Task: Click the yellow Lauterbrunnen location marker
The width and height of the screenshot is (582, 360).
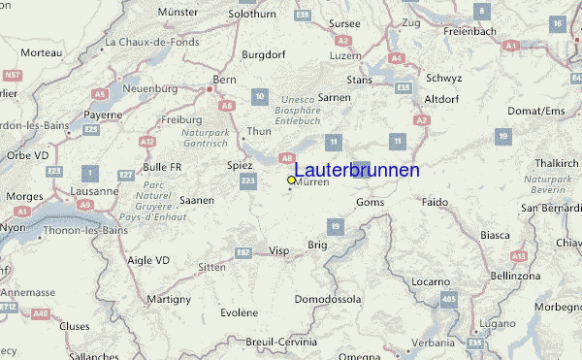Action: [291, 180]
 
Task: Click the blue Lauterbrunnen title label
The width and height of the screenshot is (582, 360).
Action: [357, 170]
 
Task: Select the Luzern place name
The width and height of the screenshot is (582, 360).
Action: [346, 56]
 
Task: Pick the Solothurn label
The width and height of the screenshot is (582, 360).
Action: [252, 15]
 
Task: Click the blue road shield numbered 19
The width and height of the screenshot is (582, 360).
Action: [336, 226]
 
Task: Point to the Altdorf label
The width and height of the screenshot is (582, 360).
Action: [441, 99]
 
